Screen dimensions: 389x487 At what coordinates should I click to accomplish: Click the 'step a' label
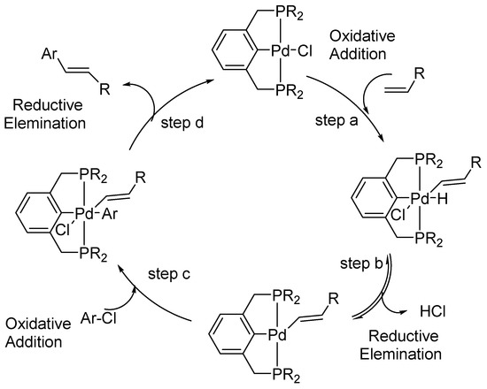pyautogui.click(x=328, y=125)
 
